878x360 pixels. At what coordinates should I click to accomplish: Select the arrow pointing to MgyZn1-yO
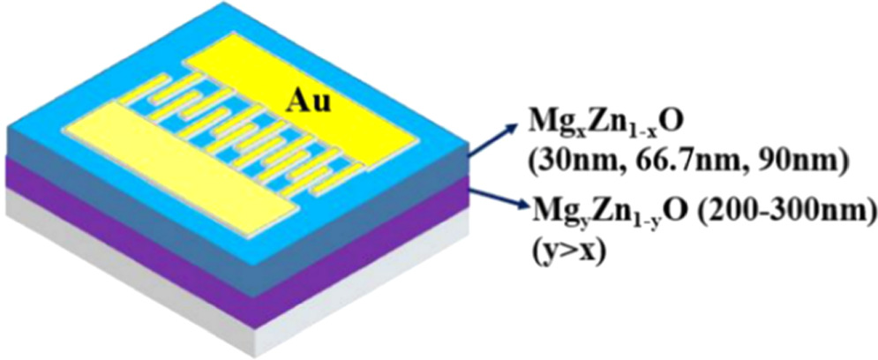499,200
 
